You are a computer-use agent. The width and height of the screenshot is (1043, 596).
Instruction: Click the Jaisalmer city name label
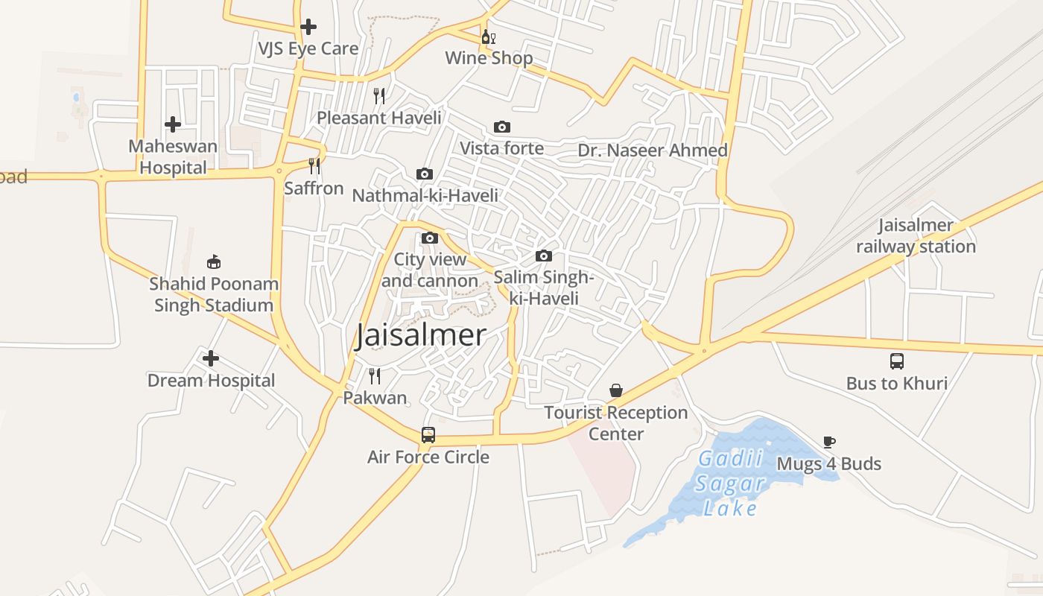click(x=421, y=335)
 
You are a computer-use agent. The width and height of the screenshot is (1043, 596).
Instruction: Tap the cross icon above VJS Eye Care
click(x=308, y=28)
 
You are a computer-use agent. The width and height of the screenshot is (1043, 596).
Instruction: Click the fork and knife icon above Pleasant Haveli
click(x=379, y=96)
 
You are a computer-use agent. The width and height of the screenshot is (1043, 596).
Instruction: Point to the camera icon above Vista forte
click(x=502, y=127)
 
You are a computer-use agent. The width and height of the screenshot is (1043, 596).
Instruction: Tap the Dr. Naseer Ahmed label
click(x=653, y=150)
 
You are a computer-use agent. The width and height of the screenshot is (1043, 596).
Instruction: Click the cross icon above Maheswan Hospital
click(x=173, y=124)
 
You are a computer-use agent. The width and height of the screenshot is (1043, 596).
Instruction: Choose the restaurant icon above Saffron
click(x=314, y=165)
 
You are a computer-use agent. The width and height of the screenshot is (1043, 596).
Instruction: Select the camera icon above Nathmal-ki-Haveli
click(x=425, y=174)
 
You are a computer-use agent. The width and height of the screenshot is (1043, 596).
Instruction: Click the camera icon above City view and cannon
click(x=430, y=238)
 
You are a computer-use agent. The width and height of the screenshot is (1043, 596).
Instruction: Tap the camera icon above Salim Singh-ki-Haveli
click(x=544, y=256)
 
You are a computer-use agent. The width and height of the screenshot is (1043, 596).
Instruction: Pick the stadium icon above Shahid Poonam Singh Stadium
click(x=214, y=261)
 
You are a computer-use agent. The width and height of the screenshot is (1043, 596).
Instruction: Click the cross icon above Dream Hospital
click(x=211, y=359)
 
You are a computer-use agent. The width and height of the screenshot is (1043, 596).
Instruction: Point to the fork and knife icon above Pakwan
click(x=375, y=376)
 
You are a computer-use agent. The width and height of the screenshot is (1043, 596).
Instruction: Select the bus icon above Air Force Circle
click(x=428, y=435)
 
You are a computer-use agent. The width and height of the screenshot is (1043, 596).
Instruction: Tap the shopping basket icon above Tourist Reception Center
click(x=616, y=390)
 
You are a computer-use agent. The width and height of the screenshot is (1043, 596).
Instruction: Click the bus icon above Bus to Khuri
click(x=897, y=361)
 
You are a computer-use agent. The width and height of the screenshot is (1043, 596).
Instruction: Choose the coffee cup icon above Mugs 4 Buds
click(x=829, y=442)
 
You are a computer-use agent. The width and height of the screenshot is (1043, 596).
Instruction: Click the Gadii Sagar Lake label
click(x=732, y=484)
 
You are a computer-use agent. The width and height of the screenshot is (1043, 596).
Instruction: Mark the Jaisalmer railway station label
click(x=916, y=235)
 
